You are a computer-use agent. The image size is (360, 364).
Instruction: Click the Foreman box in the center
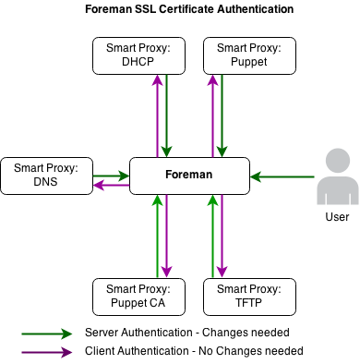(x=189, y=176)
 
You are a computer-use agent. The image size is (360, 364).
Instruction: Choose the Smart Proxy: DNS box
(x=46, y=176)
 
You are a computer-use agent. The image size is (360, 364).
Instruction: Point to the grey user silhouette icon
(x=338, y=179)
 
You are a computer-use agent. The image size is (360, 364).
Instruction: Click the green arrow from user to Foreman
(x=282, y=176)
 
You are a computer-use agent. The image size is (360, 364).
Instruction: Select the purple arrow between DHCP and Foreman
(x=157, y=115)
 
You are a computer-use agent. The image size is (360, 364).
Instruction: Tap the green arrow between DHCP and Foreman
(x=168, y=115)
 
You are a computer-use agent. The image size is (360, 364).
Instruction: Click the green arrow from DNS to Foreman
(x=111, y=174)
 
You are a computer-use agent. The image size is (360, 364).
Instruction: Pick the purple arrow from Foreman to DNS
(x=111, y=186)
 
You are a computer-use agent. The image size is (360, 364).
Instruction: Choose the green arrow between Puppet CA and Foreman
(x=158, y=236)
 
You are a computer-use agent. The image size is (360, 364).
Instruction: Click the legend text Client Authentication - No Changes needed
(x=194, y=352)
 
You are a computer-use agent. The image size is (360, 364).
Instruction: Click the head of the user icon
(x=338, y=163)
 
